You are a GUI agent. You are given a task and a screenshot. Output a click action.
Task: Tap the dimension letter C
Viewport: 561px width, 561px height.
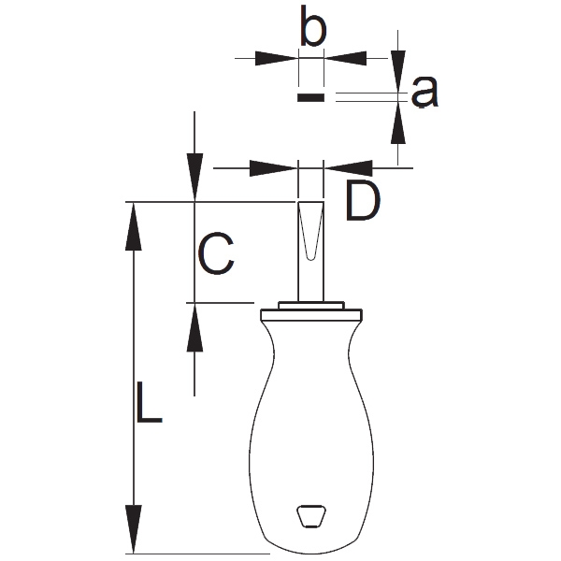tap(216, 253)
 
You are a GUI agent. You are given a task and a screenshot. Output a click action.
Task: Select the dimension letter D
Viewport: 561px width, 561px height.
tap(364, 202)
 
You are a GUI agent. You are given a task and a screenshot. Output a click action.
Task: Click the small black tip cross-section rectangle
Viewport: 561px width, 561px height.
tap(310, 96)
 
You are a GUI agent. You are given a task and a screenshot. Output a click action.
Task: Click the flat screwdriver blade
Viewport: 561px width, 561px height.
tap(310, 248)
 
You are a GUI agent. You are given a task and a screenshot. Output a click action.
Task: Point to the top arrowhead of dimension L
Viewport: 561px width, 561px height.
tap(135, 224)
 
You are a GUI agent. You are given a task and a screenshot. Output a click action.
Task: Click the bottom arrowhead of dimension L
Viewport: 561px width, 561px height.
tap(135, 528)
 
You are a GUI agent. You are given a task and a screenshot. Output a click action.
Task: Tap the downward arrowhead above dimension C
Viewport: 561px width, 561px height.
tap(194, 178)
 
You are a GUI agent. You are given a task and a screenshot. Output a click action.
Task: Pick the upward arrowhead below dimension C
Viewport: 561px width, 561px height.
tap(194, 327)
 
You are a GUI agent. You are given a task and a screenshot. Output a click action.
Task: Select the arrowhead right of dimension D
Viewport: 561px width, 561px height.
tap(349, 168)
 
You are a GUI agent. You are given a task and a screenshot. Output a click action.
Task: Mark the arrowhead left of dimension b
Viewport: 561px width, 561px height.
tap(276, 57)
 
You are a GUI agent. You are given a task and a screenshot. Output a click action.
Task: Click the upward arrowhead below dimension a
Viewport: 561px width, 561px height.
tap(399, 121)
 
